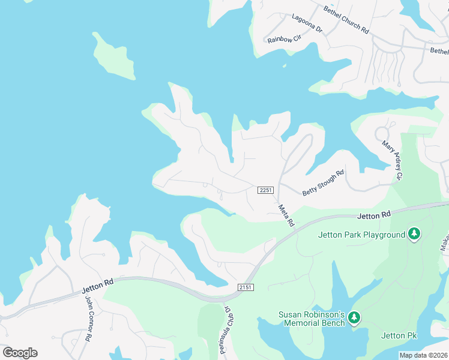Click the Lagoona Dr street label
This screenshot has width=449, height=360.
(x=307, y=23)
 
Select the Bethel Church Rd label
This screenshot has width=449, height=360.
(x=346, y=20)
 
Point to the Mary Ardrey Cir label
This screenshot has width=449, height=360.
(x=391, y=161)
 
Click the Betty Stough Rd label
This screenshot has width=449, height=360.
(x=323, y=183)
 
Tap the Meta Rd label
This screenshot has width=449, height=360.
(x=286, y=215)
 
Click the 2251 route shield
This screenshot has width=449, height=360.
(x=266, y=190)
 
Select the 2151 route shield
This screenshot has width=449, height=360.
(x=246, y=287)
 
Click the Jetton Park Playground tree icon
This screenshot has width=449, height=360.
(x=414, y=235)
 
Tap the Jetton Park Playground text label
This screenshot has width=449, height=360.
(x=361, y=235)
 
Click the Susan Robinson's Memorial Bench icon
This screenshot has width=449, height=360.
(x=354, y=317)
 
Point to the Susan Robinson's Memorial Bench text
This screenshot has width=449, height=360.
(x=312, y=319)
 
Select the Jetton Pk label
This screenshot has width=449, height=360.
(x=399, y=335)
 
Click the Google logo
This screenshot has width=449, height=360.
(x=20, y=353)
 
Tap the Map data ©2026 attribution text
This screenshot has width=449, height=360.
(x=423, y=355)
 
